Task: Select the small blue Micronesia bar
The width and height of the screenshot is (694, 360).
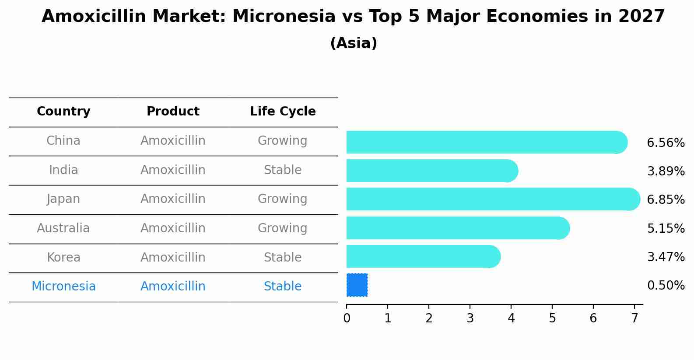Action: [357, 285]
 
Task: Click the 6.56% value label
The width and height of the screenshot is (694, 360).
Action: [666, 143]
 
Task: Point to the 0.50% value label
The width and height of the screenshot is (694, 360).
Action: [666, 286]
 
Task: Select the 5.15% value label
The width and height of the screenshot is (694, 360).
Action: [666, 228]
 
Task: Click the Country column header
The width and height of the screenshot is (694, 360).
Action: [63, 112]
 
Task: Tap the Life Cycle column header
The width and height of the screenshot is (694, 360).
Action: [283, 112]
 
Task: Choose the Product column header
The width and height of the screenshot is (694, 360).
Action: [173, 112]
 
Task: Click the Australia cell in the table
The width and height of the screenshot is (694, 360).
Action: [63, 228]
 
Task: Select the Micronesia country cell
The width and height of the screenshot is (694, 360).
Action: [63, 287]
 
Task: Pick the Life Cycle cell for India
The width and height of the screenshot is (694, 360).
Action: [283, 170]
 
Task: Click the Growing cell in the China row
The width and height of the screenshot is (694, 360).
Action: [283, 141]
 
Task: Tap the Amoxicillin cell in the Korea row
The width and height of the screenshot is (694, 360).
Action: [173, 258]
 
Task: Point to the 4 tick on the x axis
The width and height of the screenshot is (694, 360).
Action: [511, 318]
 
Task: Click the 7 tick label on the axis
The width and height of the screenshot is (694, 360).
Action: [634, 318]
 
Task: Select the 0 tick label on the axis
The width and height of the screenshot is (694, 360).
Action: [347, 318]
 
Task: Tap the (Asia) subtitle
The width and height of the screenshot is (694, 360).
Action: [354, 43]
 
